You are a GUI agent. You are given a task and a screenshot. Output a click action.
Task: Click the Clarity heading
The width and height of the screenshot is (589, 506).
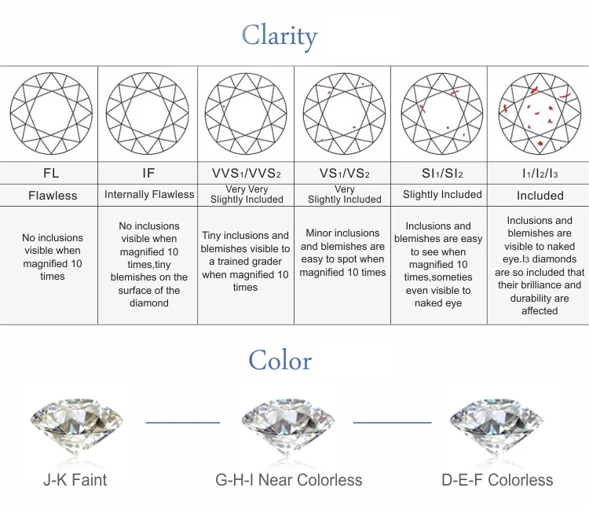tap(279, 35)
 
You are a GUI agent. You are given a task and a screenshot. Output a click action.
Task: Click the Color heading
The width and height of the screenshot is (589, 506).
tap(280, 361)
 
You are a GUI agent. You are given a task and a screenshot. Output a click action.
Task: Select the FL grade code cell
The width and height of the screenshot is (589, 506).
tap(50, 173)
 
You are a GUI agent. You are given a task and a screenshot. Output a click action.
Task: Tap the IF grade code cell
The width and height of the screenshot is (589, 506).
tap(148, 173)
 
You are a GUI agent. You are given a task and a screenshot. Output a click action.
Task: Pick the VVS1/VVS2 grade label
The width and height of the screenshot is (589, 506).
tap(246, 173)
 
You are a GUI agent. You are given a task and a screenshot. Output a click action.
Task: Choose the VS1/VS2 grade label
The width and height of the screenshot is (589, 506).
tap(343, 173)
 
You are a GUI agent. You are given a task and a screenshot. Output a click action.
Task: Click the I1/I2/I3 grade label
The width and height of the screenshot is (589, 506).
tap(540, 173)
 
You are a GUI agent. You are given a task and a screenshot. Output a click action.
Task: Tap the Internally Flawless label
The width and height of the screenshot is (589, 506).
tap(149, 194)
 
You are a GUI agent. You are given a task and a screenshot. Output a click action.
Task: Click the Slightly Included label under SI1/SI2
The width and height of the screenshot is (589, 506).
tap(442, 194)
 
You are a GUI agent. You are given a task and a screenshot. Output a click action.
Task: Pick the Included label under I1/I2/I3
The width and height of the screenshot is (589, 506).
tap(540, 195)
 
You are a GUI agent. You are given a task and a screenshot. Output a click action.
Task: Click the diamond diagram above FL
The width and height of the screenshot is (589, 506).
tap(51, 113)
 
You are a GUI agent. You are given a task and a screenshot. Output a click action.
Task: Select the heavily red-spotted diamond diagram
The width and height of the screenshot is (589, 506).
tap(540, 113)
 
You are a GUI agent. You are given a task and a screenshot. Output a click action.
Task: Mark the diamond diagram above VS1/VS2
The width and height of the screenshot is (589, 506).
tap(344, 113)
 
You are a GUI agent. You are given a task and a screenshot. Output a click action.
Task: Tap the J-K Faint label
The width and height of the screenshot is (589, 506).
tap(75, 479)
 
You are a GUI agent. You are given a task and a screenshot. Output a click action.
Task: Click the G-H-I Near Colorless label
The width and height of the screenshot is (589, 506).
tap(289, 479)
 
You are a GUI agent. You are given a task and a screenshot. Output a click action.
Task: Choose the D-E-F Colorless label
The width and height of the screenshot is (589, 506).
tap(497, 479)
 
